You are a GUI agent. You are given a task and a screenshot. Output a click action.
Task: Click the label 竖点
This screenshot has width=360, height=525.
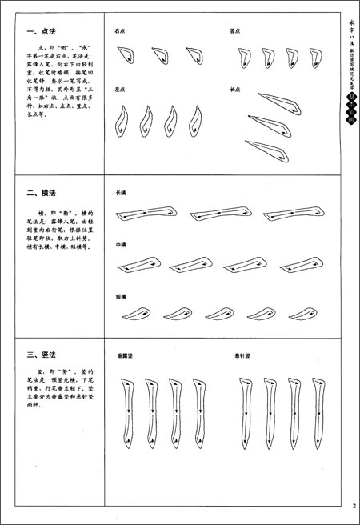tap(235, 32)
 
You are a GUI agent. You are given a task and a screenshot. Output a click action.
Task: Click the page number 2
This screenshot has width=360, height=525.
tap(352, 505)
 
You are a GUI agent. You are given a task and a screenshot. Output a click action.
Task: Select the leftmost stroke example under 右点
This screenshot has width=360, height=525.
tap(126, 54)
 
